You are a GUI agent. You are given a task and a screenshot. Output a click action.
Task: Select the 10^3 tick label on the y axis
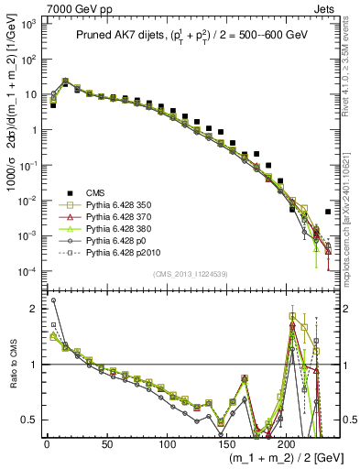(27, 24)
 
